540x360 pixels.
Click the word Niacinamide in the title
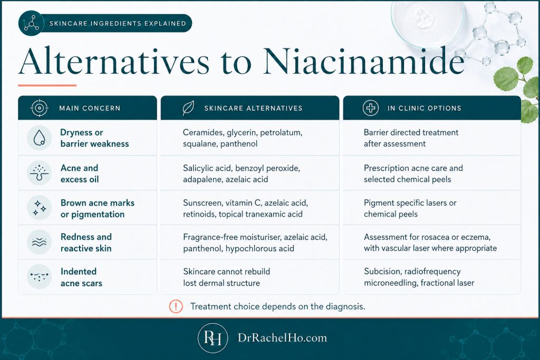click(x=364, y=61)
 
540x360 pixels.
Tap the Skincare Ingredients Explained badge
click(x=105, y=23)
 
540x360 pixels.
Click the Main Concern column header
click(x=88, y=108)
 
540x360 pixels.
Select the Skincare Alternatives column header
click(x=250, y=108)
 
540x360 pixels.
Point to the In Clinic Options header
click(x=432, y=108)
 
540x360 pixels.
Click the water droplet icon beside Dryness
click(x=39, y=138)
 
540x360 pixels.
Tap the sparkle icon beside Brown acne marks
click(x=39, y=208)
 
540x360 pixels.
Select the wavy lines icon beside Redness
click(x=39, y=242)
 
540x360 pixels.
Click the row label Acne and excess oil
click(x=80, y=173)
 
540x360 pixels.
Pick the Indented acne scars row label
click(x=82, y=277)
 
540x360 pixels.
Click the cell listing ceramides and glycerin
click(x=243, y=138)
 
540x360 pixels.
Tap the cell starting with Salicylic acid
click(x=242, y=173)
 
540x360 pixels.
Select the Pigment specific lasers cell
click(x=410, y=208)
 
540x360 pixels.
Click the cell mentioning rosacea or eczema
click(x=430, y=242)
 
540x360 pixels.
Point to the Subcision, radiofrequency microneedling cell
click(x=419, y=277)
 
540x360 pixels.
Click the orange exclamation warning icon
click(x=176, y=306)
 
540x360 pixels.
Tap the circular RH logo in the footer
click(x=213, y=338)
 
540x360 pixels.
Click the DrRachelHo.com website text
click(x=283, y=338)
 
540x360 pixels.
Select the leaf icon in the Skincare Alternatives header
click(x=188, y=108)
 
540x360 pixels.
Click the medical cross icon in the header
click(x=371, y=108)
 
